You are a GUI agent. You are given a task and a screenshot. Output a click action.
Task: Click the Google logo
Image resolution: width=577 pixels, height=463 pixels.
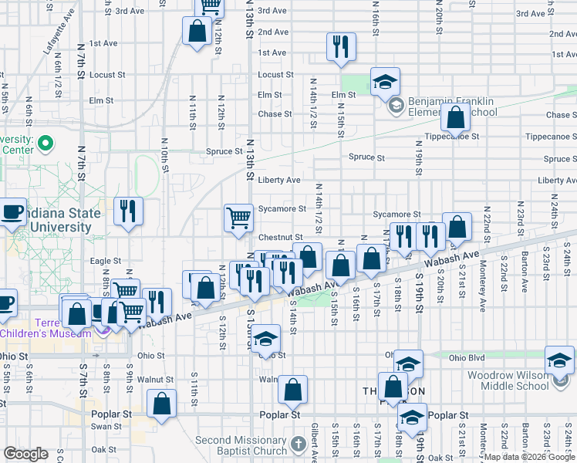25,454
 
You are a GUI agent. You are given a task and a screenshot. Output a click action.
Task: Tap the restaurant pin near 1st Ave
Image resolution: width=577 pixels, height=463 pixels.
340,47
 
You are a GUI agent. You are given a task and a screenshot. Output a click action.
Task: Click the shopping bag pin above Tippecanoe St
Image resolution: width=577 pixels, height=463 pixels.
456,119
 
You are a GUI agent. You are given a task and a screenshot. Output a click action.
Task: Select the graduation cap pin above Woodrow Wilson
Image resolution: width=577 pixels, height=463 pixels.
559,359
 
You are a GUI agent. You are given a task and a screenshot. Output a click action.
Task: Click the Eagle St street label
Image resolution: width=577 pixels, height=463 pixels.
106,262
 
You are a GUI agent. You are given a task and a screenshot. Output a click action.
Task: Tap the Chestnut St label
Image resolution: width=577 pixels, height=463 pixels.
280,237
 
